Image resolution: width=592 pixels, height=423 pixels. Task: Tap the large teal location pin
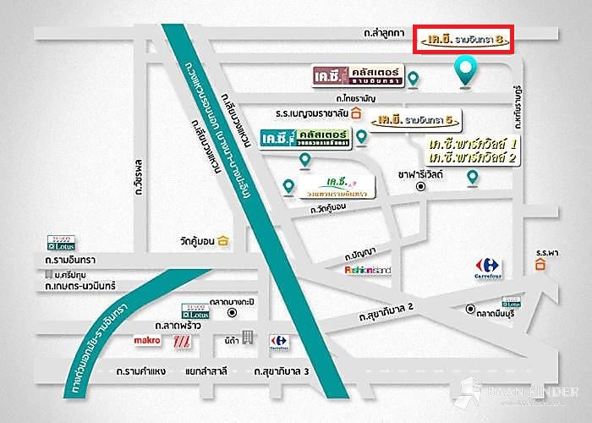[x=464, y=72]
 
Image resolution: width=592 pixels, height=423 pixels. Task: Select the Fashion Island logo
[x=369, y=270]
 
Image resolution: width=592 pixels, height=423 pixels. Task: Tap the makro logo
[x=147, y=340]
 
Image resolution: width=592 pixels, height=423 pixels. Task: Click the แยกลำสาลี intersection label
[x=208, y=371]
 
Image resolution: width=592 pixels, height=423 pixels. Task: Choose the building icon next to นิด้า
[x=247, y=337]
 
